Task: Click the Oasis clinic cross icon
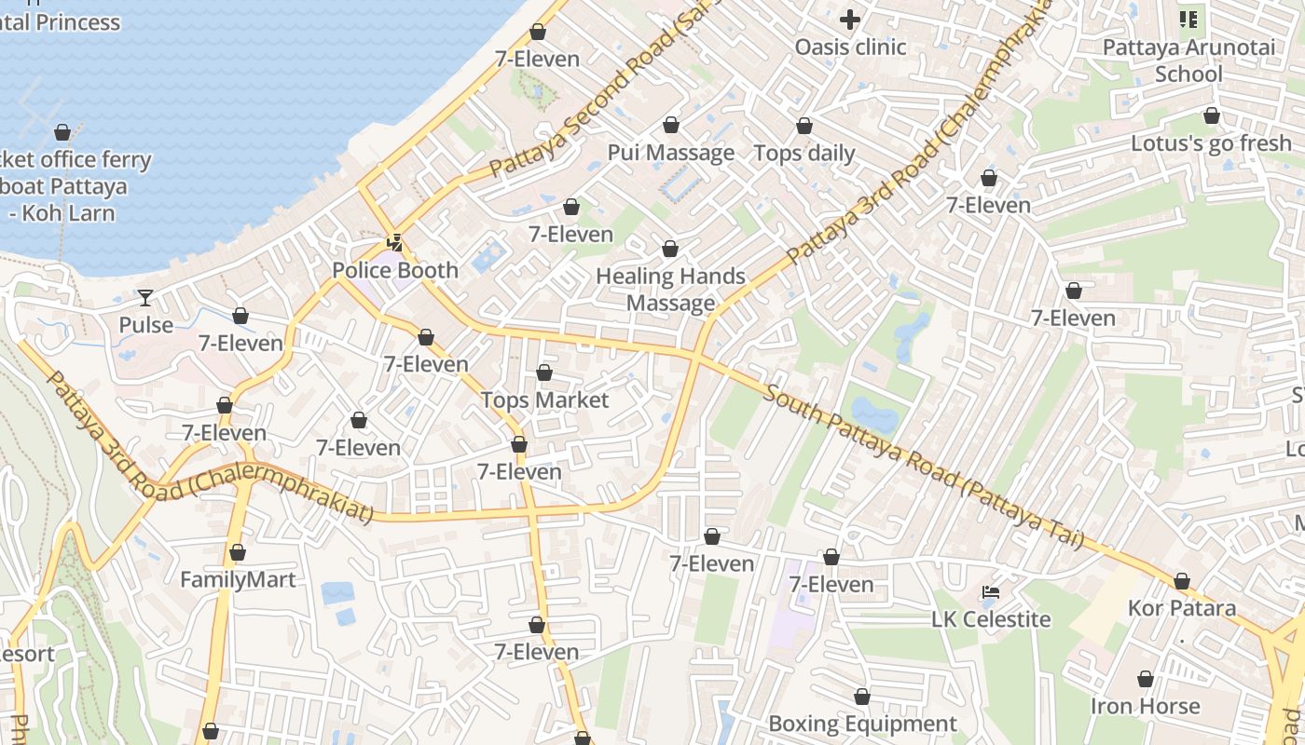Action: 849,19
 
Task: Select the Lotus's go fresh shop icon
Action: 1211,116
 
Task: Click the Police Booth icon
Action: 395,243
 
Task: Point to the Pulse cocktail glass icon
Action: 145,298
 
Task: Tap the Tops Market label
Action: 544,400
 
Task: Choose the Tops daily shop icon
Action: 804,126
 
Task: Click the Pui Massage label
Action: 671,153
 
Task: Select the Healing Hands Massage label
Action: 670,290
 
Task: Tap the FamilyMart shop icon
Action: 238,553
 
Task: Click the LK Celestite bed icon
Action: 991,592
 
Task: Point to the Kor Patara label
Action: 1181,609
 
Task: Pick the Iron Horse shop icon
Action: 1145,680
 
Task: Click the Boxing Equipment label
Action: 862,725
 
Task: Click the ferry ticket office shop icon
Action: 62,132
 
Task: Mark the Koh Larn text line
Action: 62,213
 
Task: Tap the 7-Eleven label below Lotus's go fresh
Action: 988,205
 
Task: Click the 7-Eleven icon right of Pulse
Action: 240,317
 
